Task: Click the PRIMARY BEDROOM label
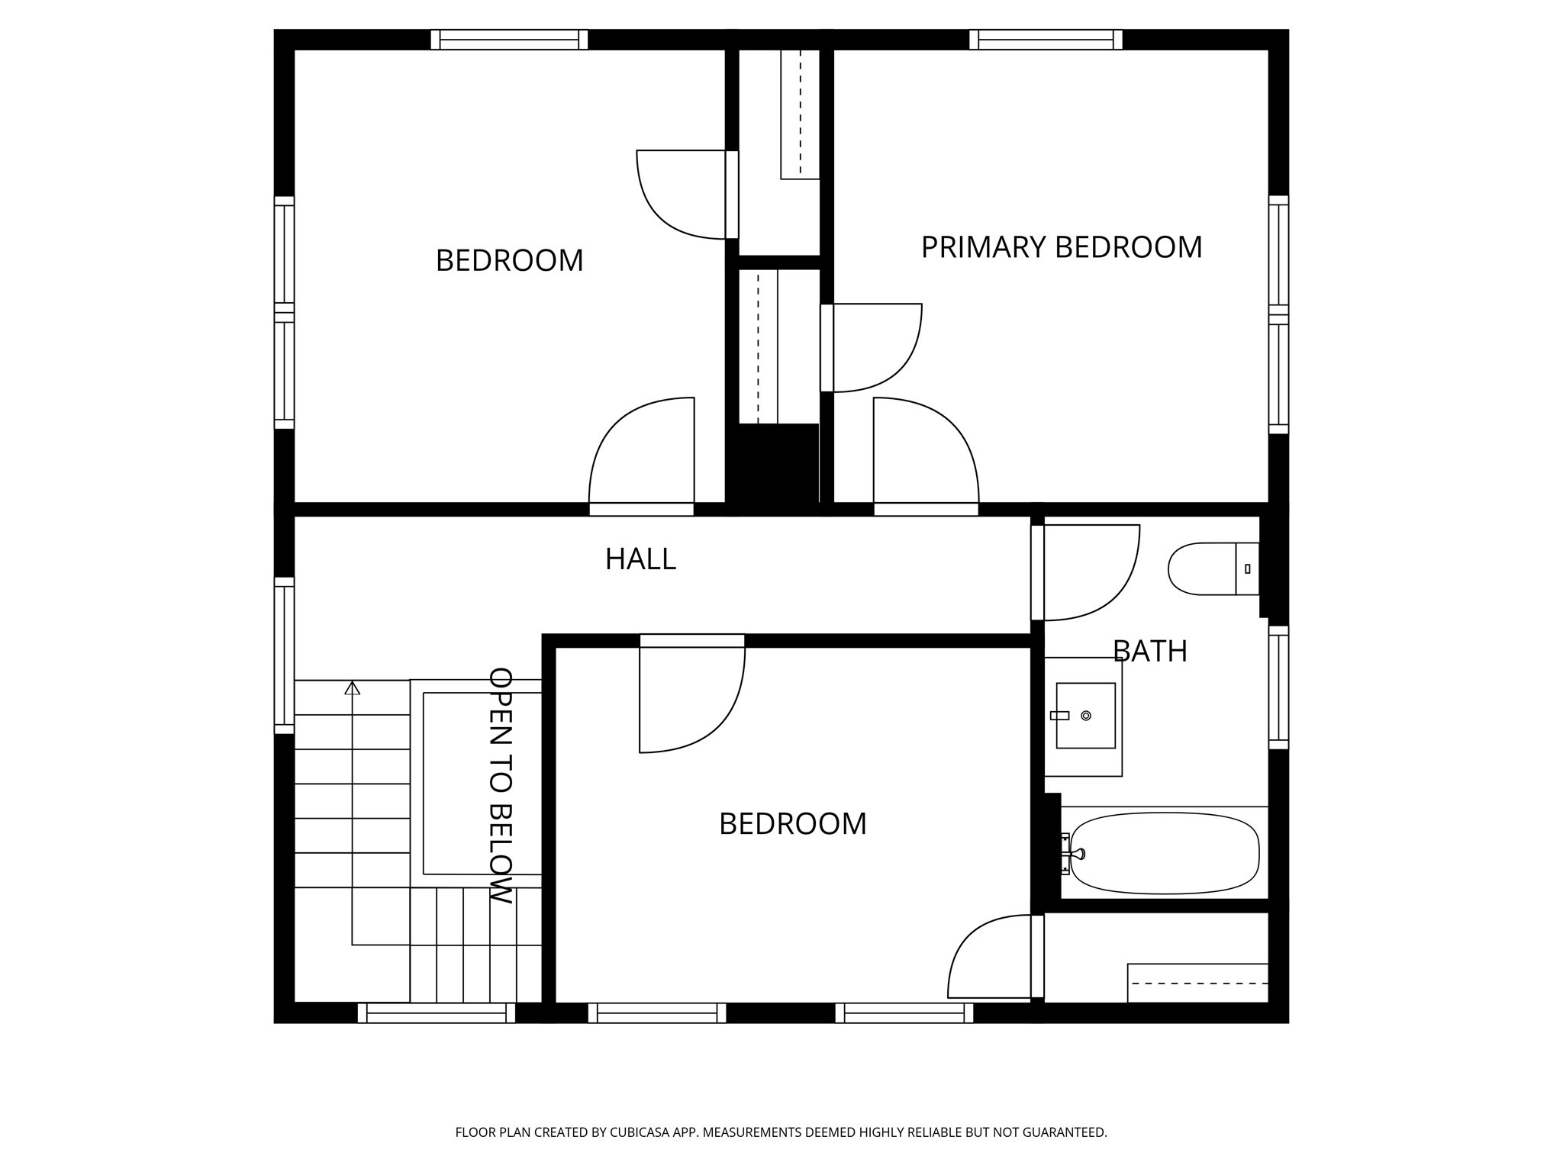point(1061,247)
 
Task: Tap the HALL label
point(640,559)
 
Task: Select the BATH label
point(1149,651)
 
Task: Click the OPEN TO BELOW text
point(500,785)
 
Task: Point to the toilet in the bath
point(1212,568)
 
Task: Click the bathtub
point(1165,853)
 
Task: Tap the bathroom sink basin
point(1085,716)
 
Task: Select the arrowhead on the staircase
point(352,687)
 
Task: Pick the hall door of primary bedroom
point(926,509)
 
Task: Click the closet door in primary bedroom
point(827,348)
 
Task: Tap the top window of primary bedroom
point(1046,40)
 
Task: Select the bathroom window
point(1278,687)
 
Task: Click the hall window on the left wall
point(284,655)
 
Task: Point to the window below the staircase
point(437,1013)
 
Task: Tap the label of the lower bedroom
point(792,824)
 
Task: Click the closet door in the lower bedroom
point(1037,956)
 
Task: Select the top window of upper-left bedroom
point(509,40)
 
